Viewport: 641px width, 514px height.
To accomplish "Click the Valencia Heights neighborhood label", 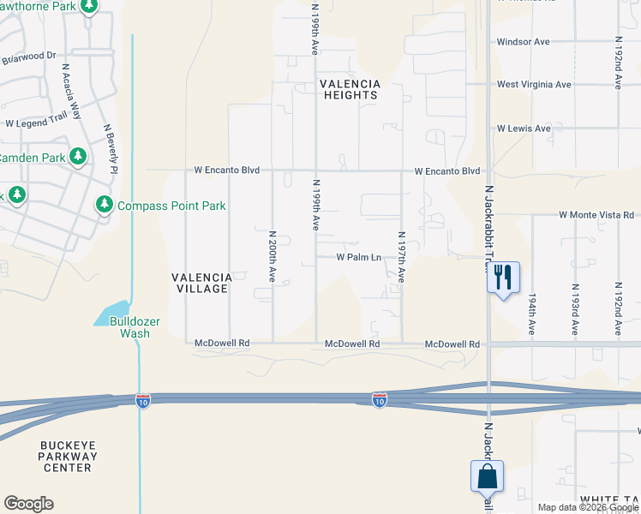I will [349, 89].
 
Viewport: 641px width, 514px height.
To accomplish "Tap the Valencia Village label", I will [201, 283].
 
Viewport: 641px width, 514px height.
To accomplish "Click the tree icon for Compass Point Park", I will [105, 205].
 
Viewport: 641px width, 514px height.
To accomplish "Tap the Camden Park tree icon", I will [78, 157].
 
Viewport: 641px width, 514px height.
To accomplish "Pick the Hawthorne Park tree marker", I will [88, 6].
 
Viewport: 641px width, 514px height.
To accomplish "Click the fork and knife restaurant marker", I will [502, 277].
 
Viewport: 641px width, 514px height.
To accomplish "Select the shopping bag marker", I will [487, 475].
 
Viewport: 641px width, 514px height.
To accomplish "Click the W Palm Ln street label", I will [358, 256].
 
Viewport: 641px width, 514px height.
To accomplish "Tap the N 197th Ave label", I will [400, 257].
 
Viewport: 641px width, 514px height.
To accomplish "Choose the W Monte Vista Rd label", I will [596, 215].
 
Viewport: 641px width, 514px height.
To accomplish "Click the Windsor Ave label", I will [524, 41].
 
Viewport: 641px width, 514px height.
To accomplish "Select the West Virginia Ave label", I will [534, 85].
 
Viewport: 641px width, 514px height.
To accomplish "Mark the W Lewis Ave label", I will [524, 128].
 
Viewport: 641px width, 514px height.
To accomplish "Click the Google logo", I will [28, 504].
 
